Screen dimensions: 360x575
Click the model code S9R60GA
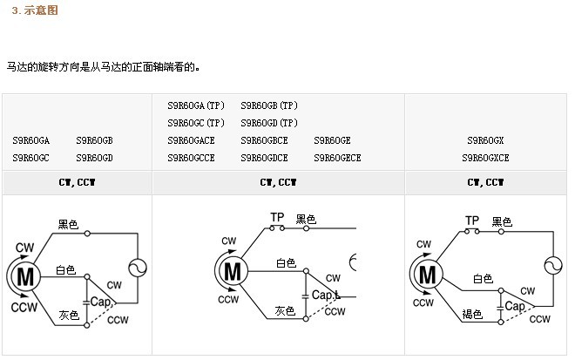pyautogui.click(x=31, y=140)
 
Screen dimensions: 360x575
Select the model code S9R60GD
pyautogui.click(x=95, y=158)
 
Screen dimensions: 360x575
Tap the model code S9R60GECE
pyautogui.click(x=337, y=158)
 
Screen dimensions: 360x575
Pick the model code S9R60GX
pyautogui.click(x=485, y=140)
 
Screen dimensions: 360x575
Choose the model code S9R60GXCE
pyautogui.click(x=485, y=158)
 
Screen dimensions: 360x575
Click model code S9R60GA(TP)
pyautogui.click(x=196, y=105)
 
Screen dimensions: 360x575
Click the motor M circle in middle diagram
pyautogui.click(x=232, y=271)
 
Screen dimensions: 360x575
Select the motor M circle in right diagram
pyautogui.click(x=427, y=275)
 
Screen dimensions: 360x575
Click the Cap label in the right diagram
pyautogui.click(x=514, y=306)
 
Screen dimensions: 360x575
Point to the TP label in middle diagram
pyautogui.click(x=277, y=217)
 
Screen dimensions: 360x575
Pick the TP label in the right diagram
pyautogui.click(x=472, y=221)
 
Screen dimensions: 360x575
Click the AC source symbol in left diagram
pyautogui.click(x=138, y=269)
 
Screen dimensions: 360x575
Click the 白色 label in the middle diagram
pyautogui.click(x=286, y=262)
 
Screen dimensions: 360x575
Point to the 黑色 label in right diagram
pyautogui.click(x=502, y=221)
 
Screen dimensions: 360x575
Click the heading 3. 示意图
pyautogui.click(x=34, y=10)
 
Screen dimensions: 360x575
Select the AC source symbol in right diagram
pyautogui.click(x=552, y=266)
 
